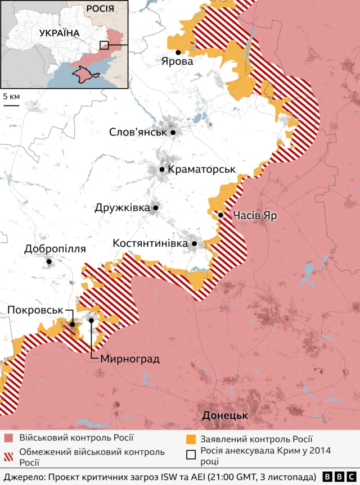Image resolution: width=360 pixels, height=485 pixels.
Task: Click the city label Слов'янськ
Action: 138,133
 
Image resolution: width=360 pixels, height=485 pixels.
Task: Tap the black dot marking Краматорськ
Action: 162,169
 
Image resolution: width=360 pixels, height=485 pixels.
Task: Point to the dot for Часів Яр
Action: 221,215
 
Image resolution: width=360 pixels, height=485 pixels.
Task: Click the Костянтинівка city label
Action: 150,244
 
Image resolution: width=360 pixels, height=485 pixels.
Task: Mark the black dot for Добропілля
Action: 49,261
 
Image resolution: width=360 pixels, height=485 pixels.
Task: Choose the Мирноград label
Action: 130,359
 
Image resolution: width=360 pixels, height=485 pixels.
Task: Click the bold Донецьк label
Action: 225,416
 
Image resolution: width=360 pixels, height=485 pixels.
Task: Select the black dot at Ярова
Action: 178,52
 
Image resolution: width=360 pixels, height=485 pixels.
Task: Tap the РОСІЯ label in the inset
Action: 100,9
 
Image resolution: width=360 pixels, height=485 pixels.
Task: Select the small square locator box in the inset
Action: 105,45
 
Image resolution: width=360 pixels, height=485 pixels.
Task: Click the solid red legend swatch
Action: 9,438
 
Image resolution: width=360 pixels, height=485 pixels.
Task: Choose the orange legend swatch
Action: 192,438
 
